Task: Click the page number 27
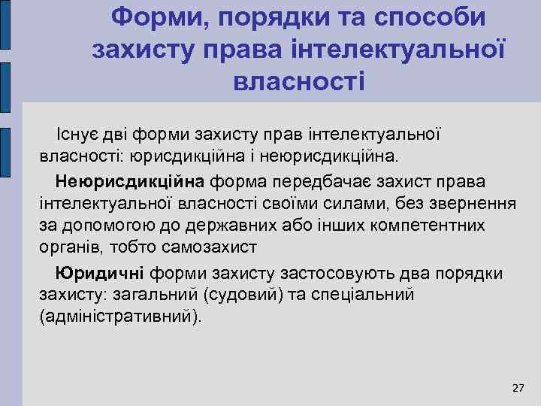click(x=518, y=388)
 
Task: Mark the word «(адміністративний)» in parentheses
click(x=120, y=316)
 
